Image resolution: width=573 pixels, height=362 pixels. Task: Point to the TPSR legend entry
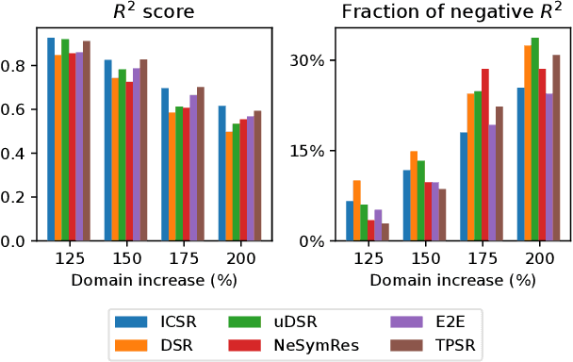point(429,345)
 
